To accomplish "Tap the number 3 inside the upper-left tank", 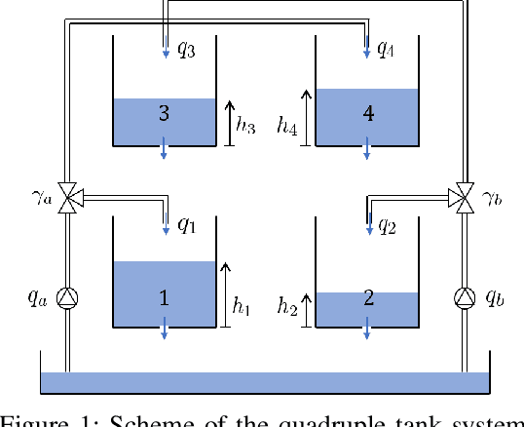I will (x=164, y=114).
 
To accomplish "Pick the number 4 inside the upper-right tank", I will (x=368, y=114).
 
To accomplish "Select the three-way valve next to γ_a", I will (x=68, y=199).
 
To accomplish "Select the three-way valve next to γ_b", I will (x=465, y=199).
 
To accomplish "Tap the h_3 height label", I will (x=247, y=124).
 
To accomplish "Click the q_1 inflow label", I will (x=186, y=226).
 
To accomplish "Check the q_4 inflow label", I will (x=387, y=47).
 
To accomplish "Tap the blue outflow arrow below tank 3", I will (x=164, y=147).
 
